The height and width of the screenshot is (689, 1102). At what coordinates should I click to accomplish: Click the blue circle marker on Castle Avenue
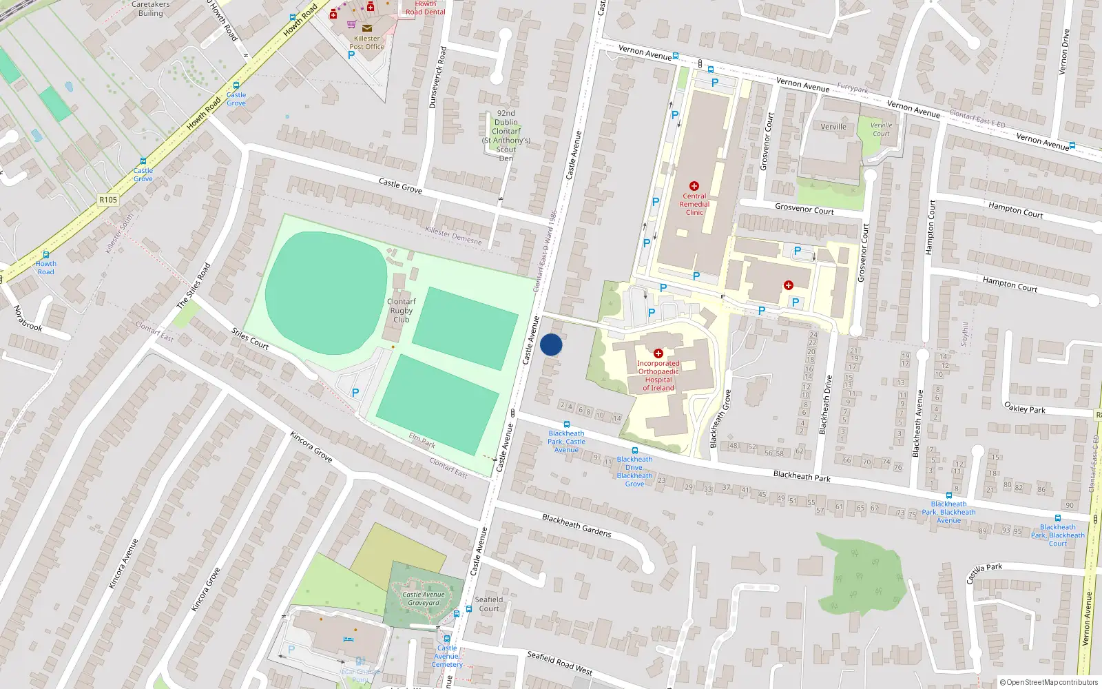pos(551,344)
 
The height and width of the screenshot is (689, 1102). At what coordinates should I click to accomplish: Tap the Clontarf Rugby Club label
pos(401,311)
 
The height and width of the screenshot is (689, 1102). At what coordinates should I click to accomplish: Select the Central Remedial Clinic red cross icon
pos(694,186)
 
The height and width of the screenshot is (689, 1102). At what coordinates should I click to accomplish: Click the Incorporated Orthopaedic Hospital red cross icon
pos(658,353)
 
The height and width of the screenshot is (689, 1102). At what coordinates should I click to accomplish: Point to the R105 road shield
pos(108,200)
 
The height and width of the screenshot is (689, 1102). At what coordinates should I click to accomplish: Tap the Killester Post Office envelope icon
pos(367,28)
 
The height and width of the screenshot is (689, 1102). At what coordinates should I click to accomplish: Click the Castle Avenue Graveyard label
pos(424,599)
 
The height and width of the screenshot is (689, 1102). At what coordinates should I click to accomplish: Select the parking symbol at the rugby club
pos(355,393)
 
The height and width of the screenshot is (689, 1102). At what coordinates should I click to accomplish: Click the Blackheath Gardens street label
pos(576,525)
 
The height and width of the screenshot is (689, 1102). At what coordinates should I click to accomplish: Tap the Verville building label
pos(833,127)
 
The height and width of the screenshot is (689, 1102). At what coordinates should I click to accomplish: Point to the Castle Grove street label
pos(400,185)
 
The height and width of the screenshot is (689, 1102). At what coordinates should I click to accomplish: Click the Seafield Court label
pos(489,604)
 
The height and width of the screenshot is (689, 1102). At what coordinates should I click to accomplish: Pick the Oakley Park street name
pos(1024,408)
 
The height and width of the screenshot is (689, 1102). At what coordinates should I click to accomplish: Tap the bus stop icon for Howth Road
pos(46,254)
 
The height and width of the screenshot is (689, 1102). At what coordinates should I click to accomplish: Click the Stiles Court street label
pos(250,339)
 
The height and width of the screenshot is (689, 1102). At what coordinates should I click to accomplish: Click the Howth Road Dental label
pos(425,8)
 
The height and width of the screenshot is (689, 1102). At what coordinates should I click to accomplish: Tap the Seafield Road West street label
pos(559,663)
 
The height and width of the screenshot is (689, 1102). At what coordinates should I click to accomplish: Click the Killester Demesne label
pos(453,236)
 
